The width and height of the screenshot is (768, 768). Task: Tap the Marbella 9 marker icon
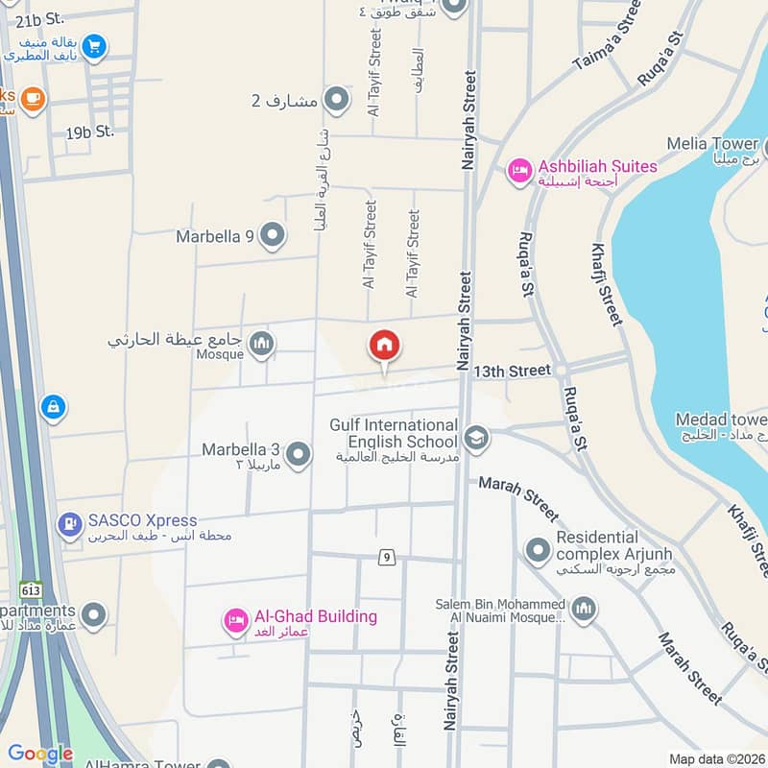click(273, 234)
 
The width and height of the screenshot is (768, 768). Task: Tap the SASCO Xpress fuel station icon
click(69, 525)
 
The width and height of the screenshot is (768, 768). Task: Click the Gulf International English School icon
click(476, 439)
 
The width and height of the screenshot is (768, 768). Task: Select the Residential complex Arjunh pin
click(537, 550)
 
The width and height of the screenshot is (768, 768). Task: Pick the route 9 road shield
click(386, 557)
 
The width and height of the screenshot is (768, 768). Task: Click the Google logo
click(40, 754)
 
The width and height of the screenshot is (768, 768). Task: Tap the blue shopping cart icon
click(94, 45)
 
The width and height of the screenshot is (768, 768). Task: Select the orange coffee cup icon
click(33, 99)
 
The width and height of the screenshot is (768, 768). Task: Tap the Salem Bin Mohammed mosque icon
click(584, 609)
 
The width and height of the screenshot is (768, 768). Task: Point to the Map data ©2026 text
click(715, 758)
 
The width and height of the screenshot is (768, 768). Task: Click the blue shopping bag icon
click(54, 407)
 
